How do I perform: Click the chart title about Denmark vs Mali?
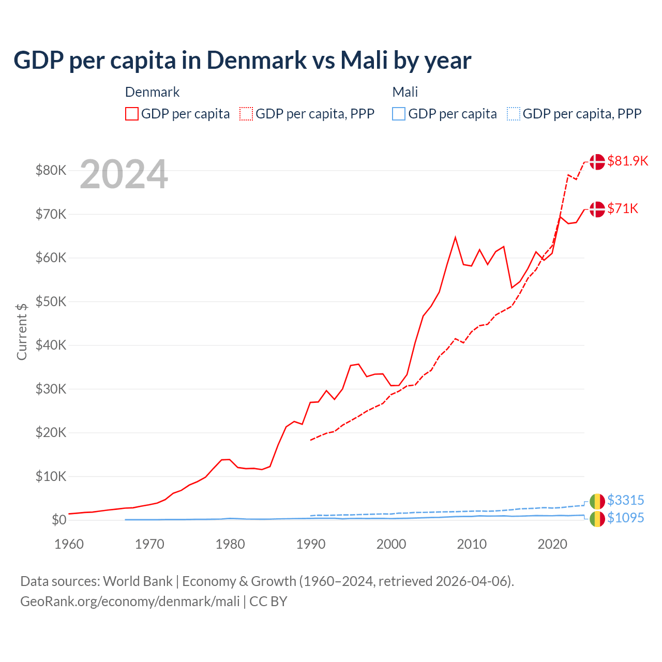tap(242, 60)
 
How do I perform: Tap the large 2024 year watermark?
tap(124, 175)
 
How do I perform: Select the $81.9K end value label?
tap(627, 161)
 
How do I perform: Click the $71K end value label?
tap(623, 208)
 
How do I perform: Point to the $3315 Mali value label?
tap(625, 500)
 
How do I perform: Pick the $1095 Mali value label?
tap(625, 518)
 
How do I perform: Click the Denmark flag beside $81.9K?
tap(597, 161)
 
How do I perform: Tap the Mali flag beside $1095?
tap(597, 519)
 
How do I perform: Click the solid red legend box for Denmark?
tap(132, 114)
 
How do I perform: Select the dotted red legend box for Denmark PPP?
tap(246, 114)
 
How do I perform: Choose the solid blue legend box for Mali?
tap(399, 114)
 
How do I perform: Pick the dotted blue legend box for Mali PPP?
tap(514, 114)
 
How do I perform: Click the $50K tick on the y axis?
tap(51, 302)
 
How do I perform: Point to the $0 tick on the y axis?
tap(59, 520)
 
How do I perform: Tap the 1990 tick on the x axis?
tap(311, 544)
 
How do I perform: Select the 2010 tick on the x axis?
tap(472, 544)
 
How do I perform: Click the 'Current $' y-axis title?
tap(22, 332)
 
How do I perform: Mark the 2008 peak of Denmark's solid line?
tap(455, 237)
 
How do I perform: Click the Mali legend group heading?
tap(405, 92)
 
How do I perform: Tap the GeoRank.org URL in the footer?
tap(130, 601)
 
